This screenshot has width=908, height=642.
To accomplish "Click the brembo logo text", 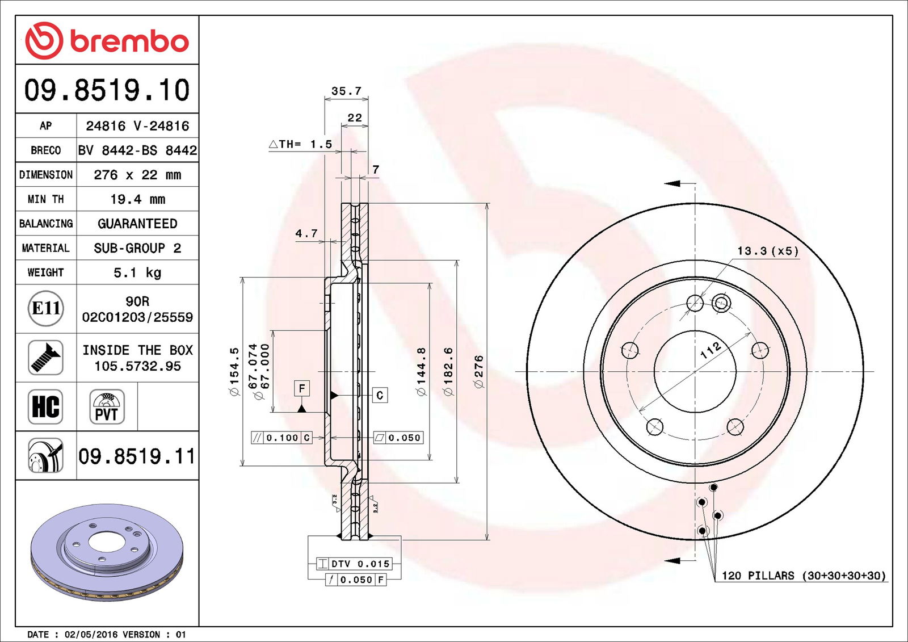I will (129, 41).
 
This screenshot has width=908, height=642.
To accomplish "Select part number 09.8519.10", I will (107, 90).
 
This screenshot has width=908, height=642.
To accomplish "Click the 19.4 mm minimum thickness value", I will (137, 199).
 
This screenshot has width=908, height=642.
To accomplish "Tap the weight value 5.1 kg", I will (137, 272).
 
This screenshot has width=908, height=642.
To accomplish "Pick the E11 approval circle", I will (45, 308).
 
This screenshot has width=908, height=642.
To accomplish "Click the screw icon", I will (45, 357).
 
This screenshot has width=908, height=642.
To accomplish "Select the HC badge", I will (45, 406).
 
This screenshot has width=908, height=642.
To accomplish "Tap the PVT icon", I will (107, 407).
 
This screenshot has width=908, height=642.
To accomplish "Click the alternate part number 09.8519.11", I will (137, 456).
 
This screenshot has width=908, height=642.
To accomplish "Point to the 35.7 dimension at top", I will (346, 91).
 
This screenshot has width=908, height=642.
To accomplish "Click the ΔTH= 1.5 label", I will (300, 144).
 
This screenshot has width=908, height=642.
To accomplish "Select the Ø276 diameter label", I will (479, 372).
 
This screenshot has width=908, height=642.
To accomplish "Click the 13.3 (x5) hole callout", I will (767, 251).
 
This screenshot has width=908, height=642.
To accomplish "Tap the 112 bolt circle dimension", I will (711, 350).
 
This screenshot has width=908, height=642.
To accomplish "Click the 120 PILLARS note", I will (803, 576).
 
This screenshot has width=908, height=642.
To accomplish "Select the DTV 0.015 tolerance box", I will (355, 564).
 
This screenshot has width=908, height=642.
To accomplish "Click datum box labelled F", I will (302, 388).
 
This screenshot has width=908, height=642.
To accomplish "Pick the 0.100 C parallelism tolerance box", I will (282, 438).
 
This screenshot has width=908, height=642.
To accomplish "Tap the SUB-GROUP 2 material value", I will (137, 248).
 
